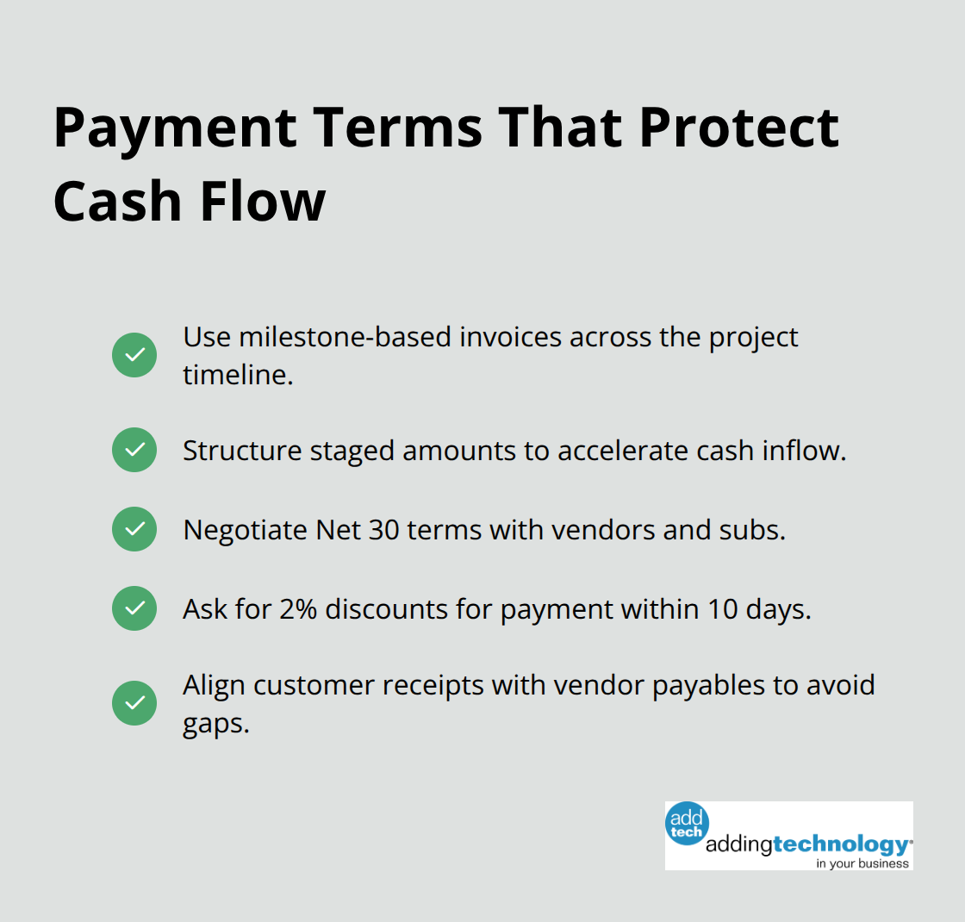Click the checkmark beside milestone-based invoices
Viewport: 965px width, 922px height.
click(x=134, y=355)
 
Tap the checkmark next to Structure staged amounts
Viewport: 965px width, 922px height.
click(x=134, y=450)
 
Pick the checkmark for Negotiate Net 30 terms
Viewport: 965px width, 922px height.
click(x=134, y=529)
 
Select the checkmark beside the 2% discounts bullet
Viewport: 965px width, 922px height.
click(x=134, y=608)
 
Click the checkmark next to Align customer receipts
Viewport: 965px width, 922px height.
click(x=134, y=703)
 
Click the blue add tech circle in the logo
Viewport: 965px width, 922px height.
click(x=687, y=823)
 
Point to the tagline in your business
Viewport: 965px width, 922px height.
click(x=862, y=863)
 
